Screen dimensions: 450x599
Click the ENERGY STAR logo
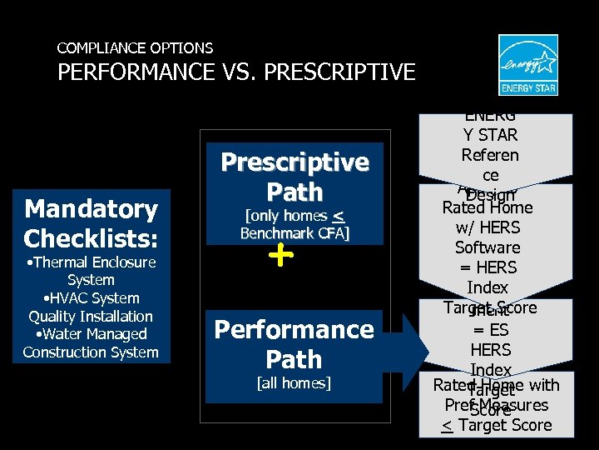pyautogui.click(x=527, y=65)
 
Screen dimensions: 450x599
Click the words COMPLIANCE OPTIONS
pyautogui.click(x=135, y=48)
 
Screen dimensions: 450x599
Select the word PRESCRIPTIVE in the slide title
pyautogui.click(x=342, y=72)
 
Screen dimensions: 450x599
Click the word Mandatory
pyautogui.click(x=91, y=208)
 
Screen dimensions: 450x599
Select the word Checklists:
pyautogui.click(x=91, y=238)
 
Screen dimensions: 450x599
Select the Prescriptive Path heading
pyautogui.click(x=295, y=177)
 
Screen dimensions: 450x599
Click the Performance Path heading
pyautogui.click(x=295, y=344)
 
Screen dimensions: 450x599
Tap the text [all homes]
pyautogui.click(x=295, y=383)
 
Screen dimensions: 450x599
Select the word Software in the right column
pyautogui.click(x=488, y=247)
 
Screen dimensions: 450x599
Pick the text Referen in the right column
pyautogui.click(x=490, y=155)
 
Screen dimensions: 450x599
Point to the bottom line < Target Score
pyautogui.click(x=497, y=426)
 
